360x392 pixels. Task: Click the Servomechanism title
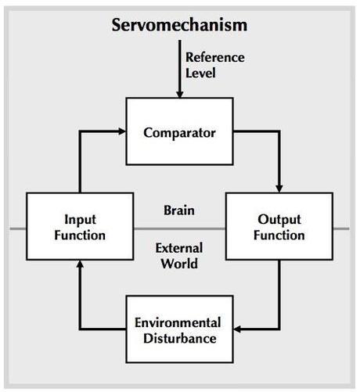(179, 25)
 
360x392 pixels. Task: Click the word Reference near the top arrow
(215, 57)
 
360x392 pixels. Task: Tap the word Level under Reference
(200, 73)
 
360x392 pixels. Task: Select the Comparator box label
(179, 132)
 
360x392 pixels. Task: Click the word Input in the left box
(80, 220)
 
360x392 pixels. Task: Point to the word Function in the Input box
(80, 236)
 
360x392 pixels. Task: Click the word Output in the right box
(279, 220)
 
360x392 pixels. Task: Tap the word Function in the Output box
(279, 236)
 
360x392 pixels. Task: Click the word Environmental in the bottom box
(178, 322)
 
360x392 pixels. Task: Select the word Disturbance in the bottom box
(180, 339)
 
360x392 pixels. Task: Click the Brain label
(179, 210)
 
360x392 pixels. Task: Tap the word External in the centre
(179, 248)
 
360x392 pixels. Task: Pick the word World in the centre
(179, 264)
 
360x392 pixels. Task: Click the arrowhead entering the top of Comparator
(180, 95)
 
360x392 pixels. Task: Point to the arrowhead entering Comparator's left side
(122, 131)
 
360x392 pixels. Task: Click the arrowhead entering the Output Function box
(279, 189)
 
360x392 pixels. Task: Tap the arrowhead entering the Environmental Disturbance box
(237, 329)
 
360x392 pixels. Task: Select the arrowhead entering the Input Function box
(80, 264)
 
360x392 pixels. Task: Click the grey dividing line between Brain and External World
(179, 229)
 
